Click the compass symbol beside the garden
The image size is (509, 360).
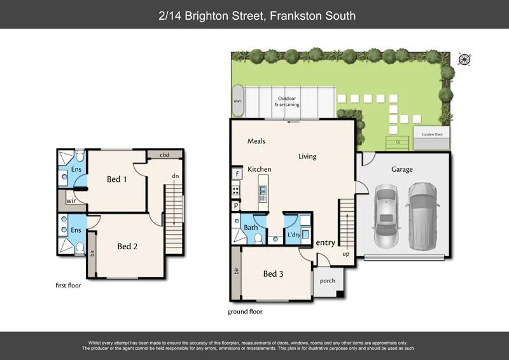464,59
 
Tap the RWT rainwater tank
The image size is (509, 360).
238,100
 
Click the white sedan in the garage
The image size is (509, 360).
385,216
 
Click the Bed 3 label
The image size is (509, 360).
273,273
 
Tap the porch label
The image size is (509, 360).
327,280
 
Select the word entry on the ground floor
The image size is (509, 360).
325,242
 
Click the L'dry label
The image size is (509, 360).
294,235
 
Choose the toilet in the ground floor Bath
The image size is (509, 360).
258,239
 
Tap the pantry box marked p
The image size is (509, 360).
236,205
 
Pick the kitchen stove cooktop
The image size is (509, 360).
236,189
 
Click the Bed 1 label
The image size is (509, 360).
116,179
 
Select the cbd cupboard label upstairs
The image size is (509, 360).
164,155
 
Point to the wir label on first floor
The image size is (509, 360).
71,200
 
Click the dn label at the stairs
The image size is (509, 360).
174,176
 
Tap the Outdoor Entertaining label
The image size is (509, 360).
288,102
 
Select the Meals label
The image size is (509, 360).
256,141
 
